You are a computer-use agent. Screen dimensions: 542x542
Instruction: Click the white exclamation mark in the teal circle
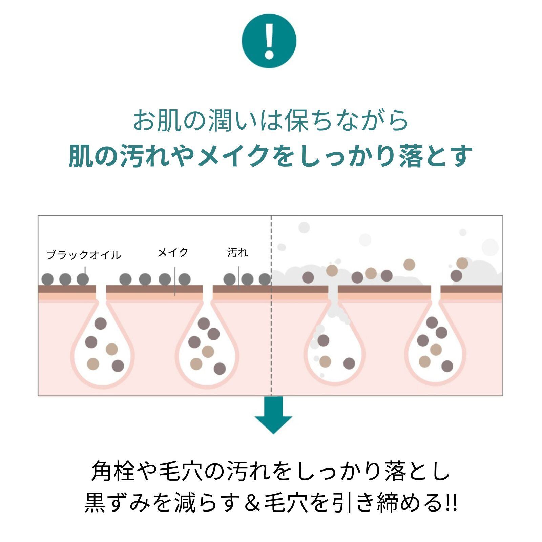269,41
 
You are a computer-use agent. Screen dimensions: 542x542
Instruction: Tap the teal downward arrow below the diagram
273,416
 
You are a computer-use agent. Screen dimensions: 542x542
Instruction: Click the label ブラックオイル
83,255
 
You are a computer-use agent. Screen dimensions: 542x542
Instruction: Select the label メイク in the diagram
173,252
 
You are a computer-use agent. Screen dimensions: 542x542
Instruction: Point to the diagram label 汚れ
237,252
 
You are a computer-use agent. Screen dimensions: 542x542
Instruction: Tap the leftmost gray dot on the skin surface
47,279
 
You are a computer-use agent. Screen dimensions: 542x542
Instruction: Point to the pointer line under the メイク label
174,281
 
